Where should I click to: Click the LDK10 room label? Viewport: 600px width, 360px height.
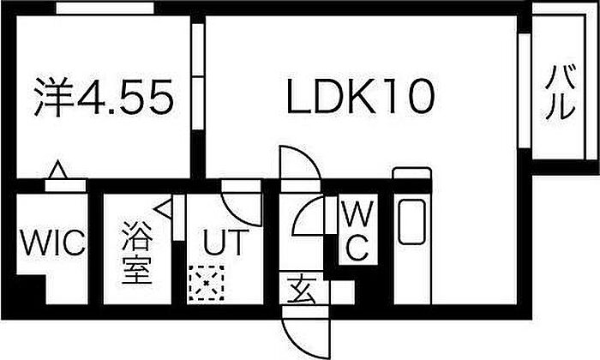point(361,96)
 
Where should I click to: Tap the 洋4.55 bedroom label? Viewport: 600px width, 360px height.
point(104,96)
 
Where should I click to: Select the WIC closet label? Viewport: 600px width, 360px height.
point(53,243)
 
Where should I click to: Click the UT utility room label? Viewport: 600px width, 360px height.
point(224,243)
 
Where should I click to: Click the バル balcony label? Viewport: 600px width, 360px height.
point(561,93)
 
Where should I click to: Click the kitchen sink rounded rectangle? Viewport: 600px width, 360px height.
point(411,222)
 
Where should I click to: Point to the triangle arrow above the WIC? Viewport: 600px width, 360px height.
point(57,170)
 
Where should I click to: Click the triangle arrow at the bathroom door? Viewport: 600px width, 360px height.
point(163,209)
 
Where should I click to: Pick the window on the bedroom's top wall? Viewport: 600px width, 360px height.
point(105,8)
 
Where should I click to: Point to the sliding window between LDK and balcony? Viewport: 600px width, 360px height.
point(525,91)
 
